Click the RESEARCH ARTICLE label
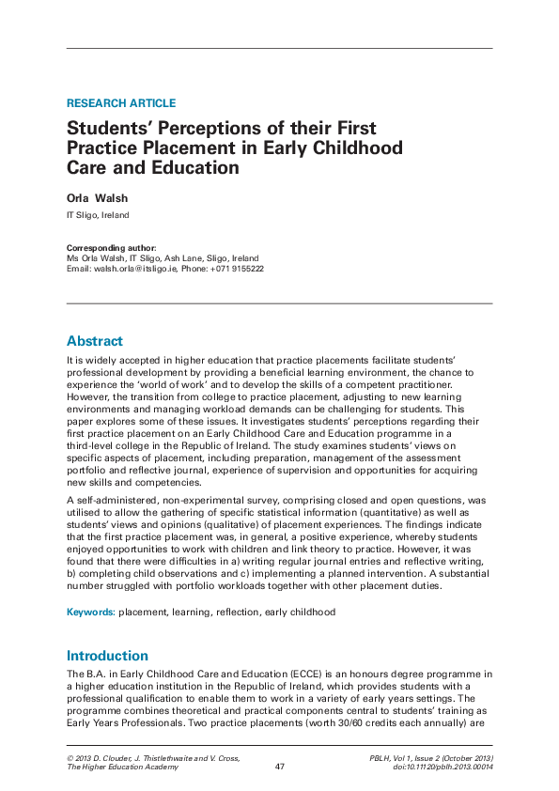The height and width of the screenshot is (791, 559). click(x=120, y=103)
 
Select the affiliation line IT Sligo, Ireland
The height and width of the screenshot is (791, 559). click(x=97, y=215)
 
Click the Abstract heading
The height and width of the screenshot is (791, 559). click(x=94, y=341)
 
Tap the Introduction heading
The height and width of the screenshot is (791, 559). click(x=107, y=655)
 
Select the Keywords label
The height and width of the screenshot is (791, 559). click(x=90, y=612)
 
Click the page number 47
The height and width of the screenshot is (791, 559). click(x=279, y=767)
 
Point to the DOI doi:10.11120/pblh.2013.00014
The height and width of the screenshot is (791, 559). click(x=431, y=767)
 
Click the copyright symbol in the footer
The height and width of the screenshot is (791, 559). click(x=70, y=757)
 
